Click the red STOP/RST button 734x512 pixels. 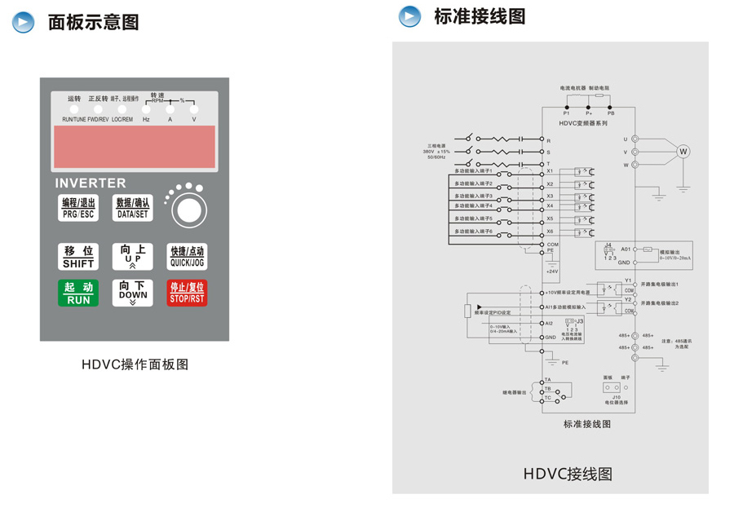187,293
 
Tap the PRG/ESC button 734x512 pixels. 78,209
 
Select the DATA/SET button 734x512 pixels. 133,209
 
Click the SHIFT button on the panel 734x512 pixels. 78,257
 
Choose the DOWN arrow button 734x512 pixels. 133,293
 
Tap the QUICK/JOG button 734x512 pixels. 187,257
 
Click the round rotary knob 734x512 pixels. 188,210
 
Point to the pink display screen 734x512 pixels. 135,147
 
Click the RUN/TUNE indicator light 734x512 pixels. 73,109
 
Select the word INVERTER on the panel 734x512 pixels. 91,183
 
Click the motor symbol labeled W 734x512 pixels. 683,151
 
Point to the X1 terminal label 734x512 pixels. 550,171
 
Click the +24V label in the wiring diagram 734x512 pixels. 552,271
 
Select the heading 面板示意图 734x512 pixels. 93,22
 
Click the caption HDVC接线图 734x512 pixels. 568,474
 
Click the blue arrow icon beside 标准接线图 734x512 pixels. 409,16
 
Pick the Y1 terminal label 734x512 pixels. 628,280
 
